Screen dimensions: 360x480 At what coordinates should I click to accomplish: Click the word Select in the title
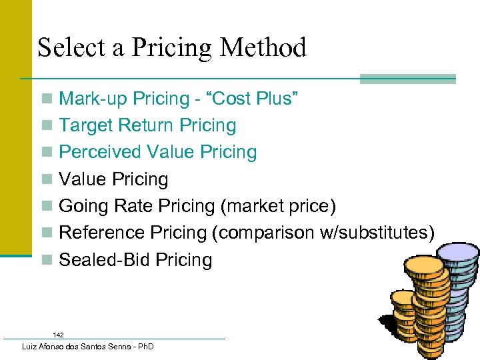click(x=67, y=48)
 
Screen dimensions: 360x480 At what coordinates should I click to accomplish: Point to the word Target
click(x=87, y=125)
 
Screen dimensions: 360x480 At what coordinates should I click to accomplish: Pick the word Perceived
click(x=100, y=152)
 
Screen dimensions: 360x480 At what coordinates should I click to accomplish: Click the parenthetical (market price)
click(x=277, y=206)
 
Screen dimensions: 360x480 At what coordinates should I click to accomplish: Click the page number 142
click(x=59, y=335)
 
